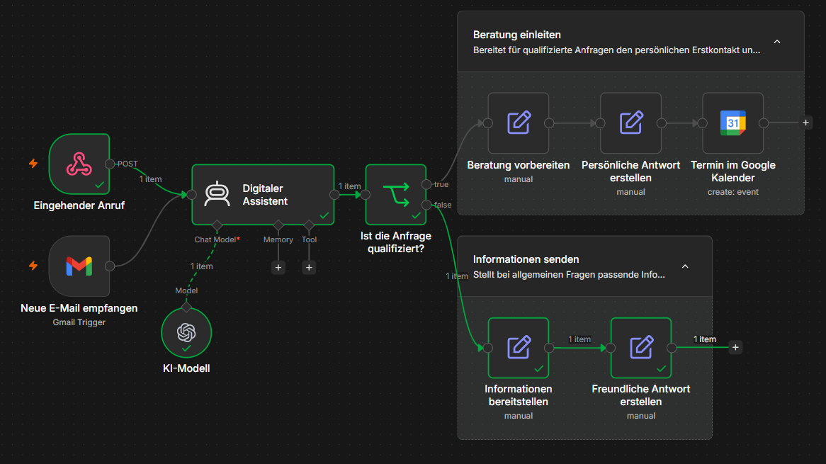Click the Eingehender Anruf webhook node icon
pos(79,164)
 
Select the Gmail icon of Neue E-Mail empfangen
pos(79,266)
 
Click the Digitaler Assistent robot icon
pos(217,194)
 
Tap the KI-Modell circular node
pos(186,333)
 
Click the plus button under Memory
pos(278,268)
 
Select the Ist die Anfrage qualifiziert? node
pos(395,194)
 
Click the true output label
pos(441,184)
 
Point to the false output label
pos(443,205)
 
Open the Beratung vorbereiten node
pos(519,123)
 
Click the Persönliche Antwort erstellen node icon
pos(631,123)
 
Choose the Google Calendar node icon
pos(732,123)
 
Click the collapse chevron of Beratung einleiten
pos(777,42)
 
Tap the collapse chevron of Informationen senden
pos(685,266)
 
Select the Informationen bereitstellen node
pos(519,348)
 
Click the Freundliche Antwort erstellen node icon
pos(641,348)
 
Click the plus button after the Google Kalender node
pos(805,123)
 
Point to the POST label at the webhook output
pos(128,164)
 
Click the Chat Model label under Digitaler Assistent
pos(215,239)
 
